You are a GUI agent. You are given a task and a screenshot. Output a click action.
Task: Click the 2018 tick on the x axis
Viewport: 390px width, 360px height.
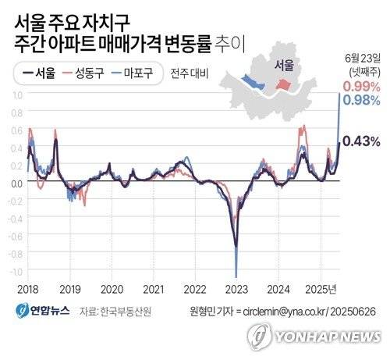[28, 288]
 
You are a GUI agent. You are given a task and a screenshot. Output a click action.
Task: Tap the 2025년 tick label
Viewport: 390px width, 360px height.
[321, 288]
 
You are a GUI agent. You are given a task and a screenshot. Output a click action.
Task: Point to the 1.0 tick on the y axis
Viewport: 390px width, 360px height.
[17, 94]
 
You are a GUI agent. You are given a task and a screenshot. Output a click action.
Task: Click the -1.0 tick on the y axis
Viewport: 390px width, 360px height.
[16, 271]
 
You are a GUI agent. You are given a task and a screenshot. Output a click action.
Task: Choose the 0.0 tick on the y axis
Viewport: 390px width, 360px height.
[17, 183]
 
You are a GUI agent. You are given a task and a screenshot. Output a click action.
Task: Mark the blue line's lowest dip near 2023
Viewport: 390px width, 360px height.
[236, 268]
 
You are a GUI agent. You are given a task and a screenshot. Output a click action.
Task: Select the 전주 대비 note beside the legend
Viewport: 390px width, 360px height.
[186, 76]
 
